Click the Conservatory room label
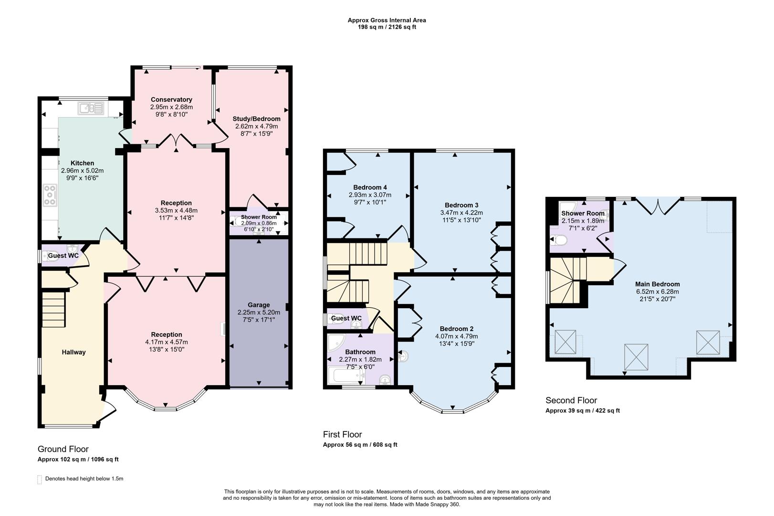pos(171,99)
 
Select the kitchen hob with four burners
pos(50,195)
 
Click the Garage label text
pos(259,305)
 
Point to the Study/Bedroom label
pos(256,118)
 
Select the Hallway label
pos(73,352)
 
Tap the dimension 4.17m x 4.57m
pos(167,342)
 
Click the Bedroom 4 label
pos(370,187)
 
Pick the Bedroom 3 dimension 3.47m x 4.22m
pos(461,213)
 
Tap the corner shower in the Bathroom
pos(335,343)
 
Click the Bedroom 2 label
pos(457,329)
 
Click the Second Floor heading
pos(571,400)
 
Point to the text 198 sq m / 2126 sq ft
pos(387,27)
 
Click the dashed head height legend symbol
pos(40,479)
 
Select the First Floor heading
pos(342,434)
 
